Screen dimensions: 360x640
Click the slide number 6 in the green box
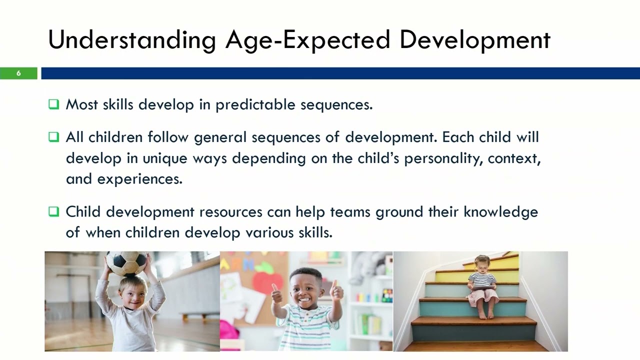[18, 73]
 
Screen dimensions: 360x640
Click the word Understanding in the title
[131, 40]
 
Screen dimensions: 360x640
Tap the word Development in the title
[474, 40]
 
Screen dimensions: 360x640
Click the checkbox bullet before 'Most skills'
[53, 104]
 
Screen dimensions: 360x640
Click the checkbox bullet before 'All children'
[53, 137]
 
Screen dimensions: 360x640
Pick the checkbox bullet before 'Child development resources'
[53, 211]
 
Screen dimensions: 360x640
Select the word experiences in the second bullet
[139, 179]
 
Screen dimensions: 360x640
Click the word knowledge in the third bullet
[500, 212]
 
